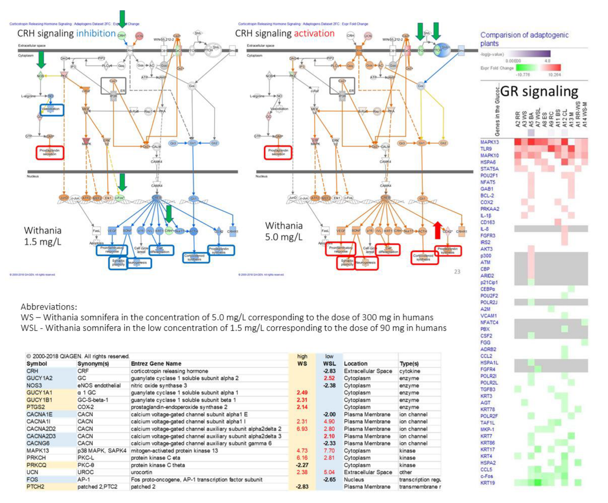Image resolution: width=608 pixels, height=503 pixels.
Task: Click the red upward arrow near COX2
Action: point(437,230)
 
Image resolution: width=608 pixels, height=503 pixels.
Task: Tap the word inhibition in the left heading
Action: point(96,33)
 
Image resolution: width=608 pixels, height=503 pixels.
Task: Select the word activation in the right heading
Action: point(314,33)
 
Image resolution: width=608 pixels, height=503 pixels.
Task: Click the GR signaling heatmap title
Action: point(539,91)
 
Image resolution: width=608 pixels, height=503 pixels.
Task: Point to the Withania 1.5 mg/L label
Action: point(43,236)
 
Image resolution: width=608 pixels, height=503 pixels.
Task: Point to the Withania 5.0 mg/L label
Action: point(284,231)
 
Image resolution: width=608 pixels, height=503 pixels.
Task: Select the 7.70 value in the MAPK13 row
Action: point(329,451)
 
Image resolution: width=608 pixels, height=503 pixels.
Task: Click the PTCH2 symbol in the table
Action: point(35,487)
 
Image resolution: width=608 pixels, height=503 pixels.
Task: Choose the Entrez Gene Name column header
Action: point(156,364)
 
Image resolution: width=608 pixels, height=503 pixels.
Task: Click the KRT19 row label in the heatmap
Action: point(487,483)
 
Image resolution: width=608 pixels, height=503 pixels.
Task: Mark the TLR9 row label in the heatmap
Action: point(486,149)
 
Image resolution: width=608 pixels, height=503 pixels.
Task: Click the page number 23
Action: point(457,272)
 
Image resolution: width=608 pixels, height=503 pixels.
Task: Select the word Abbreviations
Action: point(49,307)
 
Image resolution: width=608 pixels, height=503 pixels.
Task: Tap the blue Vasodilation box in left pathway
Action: point(52,109)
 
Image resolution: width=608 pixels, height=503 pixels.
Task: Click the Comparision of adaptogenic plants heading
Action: point(524,39)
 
